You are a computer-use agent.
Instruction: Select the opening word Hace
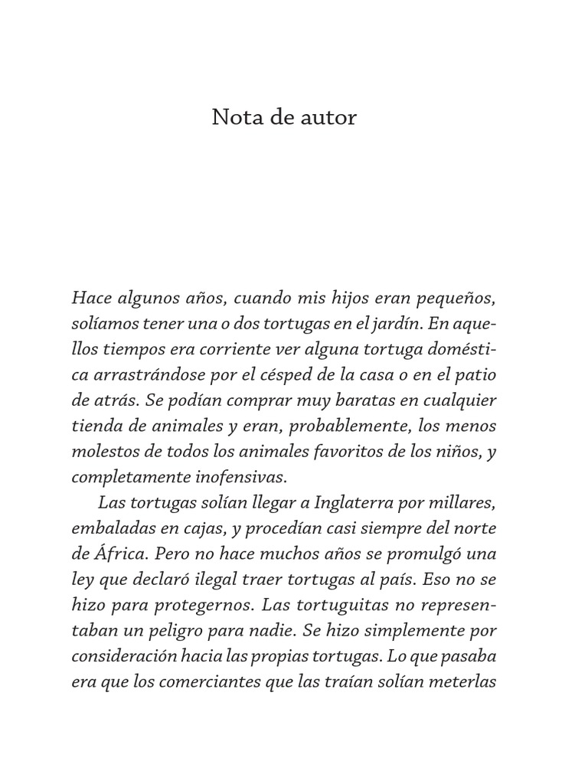(x=90, y=297)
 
